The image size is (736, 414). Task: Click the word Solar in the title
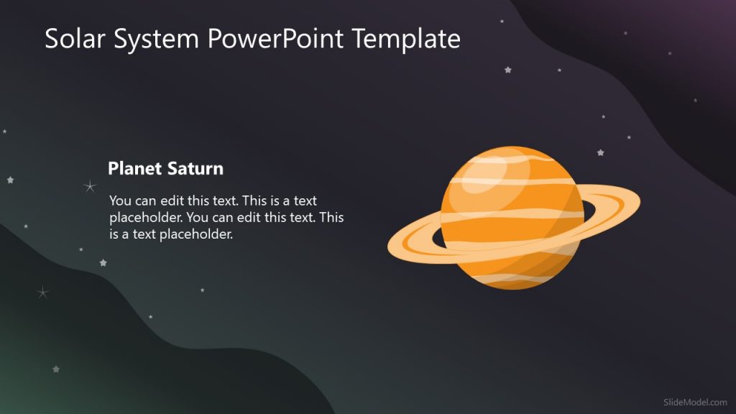tap(73, 38)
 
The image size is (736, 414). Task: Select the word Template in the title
tap(406, 38)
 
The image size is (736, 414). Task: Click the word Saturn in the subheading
tap(195, 169)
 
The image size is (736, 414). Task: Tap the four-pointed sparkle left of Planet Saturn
tap(90, 187)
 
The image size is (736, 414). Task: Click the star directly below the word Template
tap(508, 70)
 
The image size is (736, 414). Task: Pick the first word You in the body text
tap(120, 201)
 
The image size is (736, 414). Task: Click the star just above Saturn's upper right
tap(600, 152)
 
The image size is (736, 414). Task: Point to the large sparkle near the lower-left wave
tap(42, 292)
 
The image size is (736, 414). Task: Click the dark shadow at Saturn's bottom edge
tap(517, 284)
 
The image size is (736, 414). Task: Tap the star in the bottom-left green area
tap(55, 369)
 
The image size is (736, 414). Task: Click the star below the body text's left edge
tap(103, 262)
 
